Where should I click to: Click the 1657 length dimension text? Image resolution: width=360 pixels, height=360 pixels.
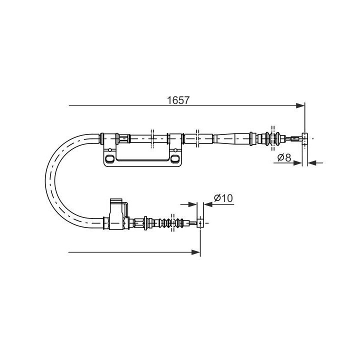178,100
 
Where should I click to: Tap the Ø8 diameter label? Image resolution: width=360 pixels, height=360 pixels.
284,157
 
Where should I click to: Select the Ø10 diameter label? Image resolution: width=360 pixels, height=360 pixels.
222,198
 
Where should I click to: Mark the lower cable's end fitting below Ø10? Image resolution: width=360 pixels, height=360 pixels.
200,222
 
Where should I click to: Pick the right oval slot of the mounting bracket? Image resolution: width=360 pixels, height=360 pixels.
174,159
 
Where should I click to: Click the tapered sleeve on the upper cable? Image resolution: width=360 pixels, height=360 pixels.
231,137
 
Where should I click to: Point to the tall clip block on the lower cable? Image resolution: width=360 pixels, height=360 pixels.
116,214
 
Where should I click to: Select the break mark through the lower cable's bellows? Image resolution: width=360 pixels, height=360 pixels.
173,222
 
